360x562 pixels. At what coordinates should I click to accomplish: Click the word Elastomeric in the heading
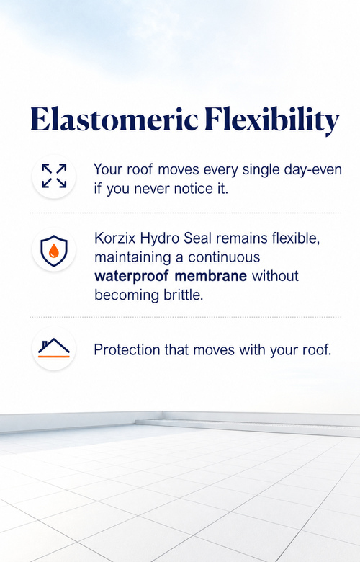(114, 119)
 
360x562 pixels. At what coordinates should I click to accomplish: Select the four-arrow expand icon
(54, 176)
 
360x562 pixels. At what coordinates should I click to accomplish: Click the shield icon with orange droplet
(54, 251)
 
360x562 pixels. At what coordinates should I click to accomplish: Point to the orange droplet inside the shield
(54, 251)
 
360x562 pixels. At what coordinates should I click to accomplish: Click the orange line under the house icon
(54, 356)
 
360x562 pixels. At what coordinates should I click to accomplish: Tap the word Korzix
(115, 238)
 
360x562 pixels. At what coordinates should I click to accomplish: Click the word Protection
(127, 350)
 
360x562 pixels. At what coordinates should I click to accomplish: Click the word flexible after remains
(295, 238)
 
